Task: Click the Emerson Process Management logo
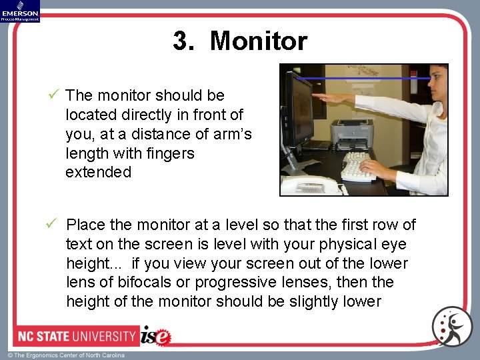click(x=20, y=11)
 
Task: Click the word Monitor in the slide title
click(x=258, y=41)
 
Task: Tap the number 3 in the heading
click(x=181, y=41)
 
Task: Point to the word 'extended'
click(x=98, y=172)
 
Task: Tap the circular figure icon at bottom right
click(x=451, y=326)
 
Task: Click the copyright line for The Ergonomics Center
click(x=66, y=355)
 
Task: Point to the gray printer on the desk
click(x=352, y=135)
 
